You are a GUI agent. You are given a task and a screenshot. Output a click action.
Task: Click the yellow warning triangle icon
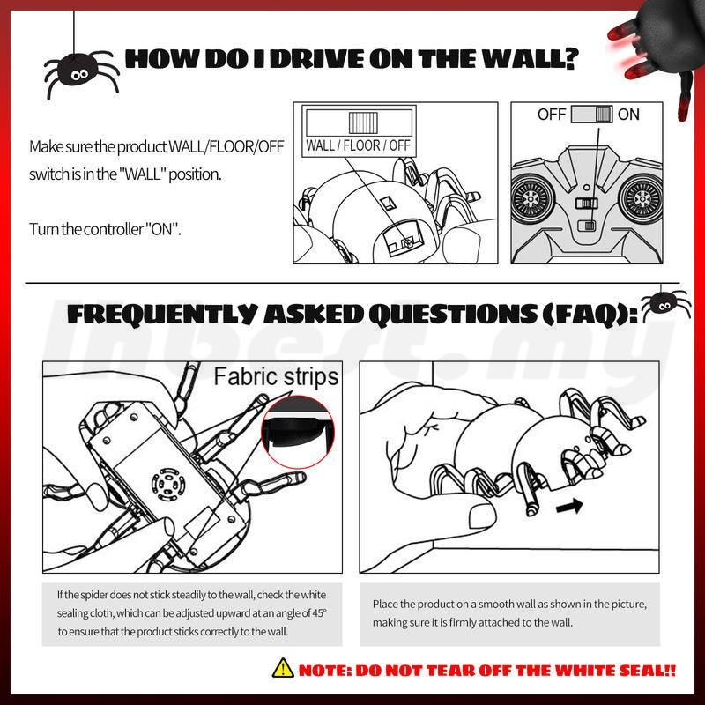tap(283, 668)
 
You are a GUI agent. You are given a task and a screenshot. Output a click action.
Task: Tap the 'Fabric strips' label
tap(276, 377)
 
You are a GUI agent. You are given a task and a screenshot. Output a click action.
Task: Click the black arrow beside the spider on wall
tap(569, 507)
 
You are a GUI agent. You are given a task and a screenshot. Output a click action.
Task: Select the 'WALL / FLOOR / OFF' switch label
tap(359, 145)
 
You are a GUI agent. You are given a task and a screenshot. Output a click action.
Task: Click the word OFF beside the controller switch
tap(552, 115)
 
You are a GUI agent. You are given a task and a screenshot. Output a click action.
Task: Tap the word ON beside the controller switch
tap(628, 115)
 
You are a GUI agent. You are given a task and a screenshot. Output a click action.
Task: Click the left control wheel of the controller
tap(531, 198)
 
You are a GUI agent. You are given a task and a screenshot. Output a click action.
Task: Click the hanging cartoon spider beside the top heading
tap(81, 72)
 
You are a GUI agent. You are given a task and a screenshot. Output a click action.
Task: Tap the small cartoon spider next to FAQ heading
tap(664, 306)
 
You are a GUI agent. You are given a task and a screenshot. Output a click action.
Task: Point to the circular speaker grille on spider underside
tap(167, 486)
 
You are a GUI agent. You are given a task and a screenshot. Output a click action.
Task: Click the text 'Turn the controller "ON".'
tap(105, 229)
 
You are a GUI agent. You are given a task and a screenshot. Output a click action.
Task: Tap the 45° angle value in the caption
tap(318, 612)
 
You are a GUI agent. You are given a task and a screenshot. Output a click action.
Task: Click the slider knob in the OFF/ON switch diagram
tap(604, 115)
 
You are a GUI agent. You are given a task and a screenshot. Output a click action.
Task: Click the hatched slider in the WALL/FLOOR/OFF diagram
tap(363, 122)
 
